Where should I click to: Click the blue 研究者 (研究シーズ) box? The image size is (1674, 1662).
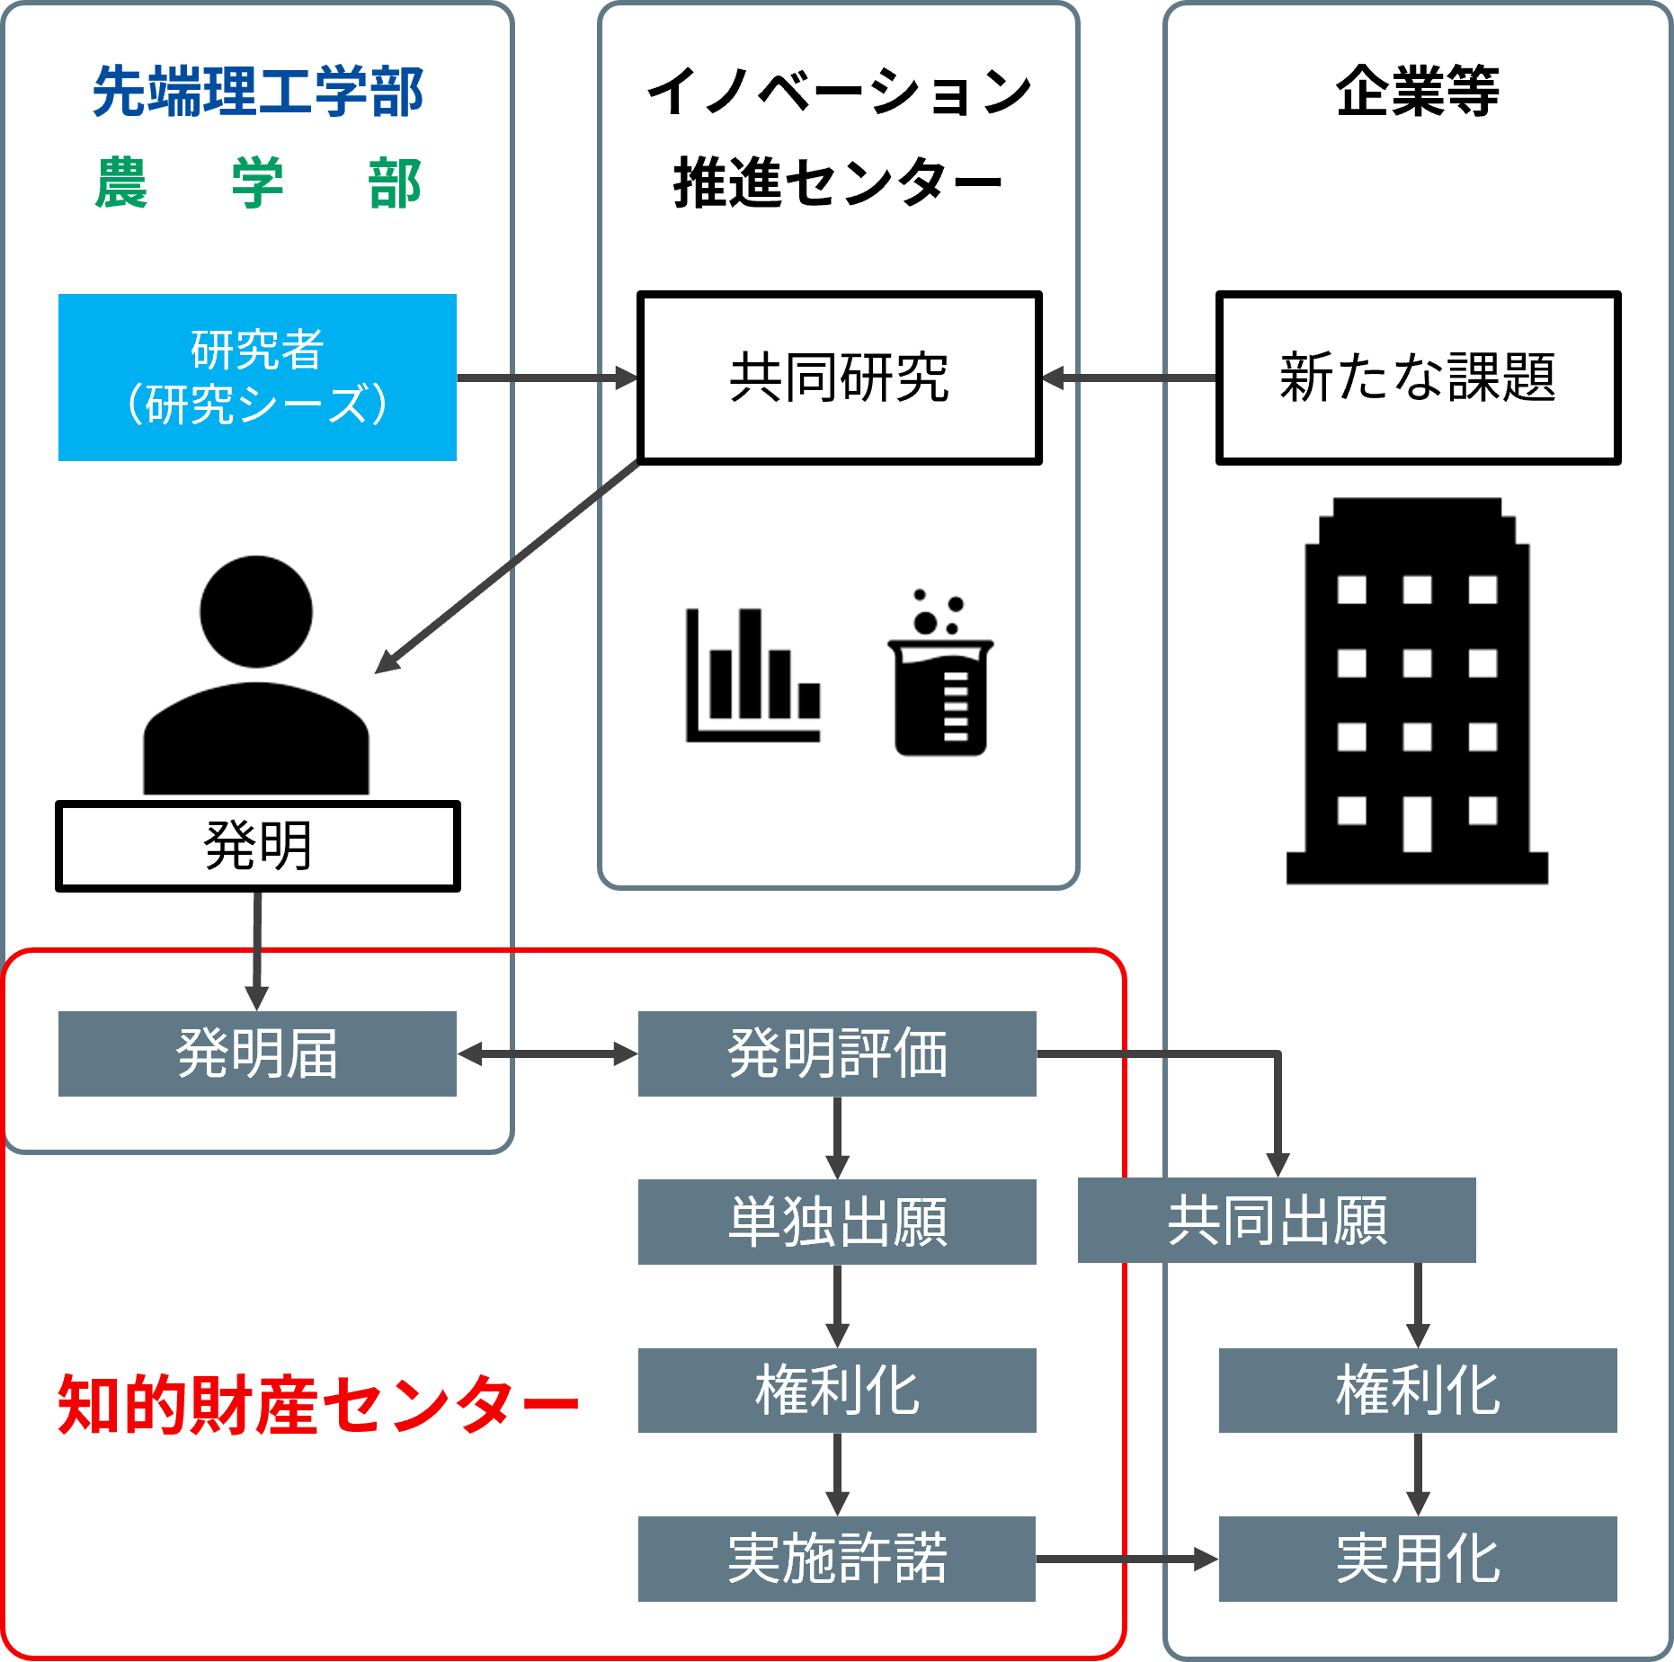point(257,378)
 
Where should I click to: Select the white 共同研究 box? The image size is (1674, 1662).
point(839,378)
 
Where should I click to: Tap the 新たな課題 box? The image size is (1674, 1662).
point(1418,378)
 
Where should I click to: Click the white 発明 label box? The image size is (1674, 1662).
point(257,846)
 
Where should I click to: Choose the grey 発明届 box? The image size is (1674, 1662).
point(257,1053)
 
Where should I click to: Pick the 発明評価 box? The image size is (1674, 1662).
point(837,1053)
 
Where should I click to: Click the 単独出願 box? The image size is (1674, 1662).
point(837,1222)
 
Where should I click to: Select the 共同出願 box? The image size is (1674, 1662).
point(1277,1220)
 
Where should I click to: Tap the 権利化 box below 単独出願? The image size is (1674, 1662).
point(837,1390)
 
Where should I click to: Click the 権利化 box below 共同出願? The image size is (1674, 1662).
point(1418,1390)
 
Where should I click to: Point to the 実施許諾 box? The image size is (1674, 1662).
point(837,1559)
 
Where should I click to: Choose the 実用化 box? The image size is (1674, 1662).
point(1418,1559)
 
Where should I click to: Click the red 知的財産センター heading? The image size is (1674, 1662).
point(317,1404)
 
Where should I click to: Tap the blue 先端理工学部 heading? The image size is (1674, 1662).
point(257,92)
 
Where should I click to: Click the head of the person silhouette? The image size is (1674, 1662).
point(256,611)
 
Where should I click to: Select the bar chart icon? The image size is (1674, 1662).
point(753,674)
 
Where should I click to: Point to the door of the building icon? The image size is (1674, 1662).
point(1417,822)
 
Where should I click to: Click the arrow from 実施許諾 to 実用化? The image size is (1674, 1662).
point(1126,1560)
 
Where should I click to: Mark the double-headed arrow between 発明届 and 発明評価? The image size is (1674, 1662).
point(548,1053)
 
